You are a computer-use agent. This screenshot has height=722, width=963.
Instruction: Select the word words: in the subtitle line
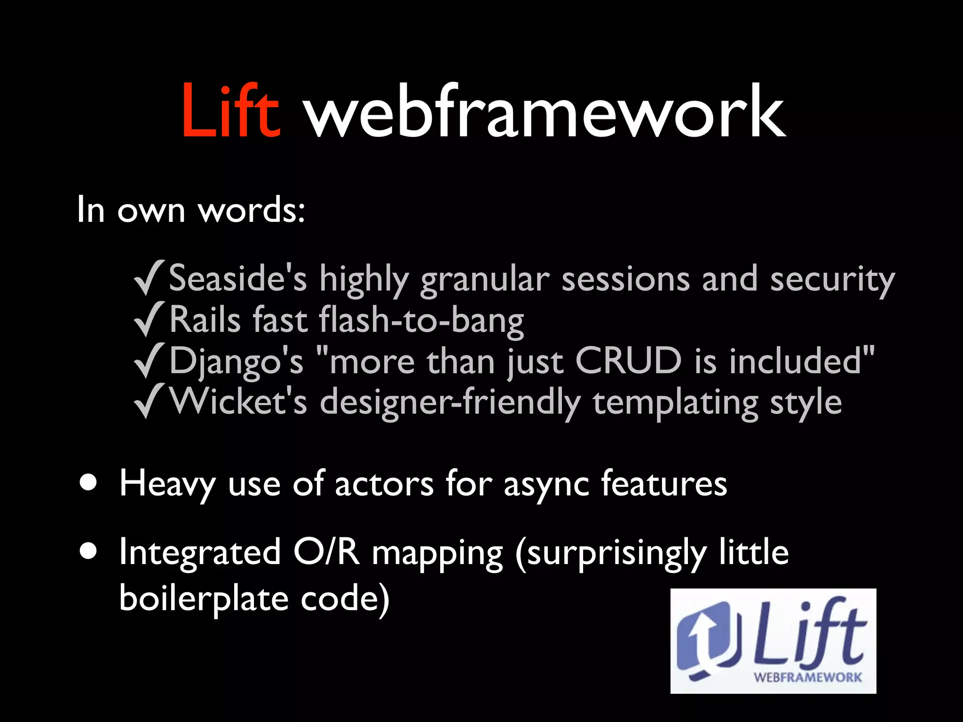point(252,210)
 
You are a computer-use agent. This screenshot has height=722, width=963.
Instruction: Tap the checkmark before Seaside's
point(149,278)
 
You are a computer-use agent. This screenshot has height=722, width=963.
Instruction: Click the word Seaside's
point(238,278)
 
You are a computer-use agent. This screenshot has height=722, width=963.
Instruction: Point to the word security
point(832,280)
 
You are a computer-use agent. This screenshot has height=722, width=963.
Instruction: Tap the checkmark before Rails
point(149,320)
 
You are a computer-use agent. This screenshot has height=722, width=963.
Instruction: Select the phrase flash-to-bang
point(421,321)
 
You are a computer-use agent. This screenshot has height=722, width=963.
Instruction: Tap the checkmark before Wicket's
point(149,401)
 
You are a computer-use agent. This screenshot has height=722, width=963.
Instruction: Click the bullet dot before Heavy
point(88,483)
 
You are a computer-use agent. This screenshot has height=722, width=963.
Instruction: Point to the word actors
point(384,484)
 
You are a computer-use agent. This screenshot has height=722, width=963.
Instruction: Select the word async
point(546,485)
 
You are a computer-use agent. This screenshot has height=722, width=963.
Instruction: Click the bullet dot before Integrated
point(88,551)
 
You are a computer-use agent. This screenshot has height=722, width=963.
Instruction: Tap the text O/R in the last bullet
point(327,552)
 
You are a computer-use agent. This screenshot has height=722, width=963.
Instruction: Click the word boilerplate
point(204,599)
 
